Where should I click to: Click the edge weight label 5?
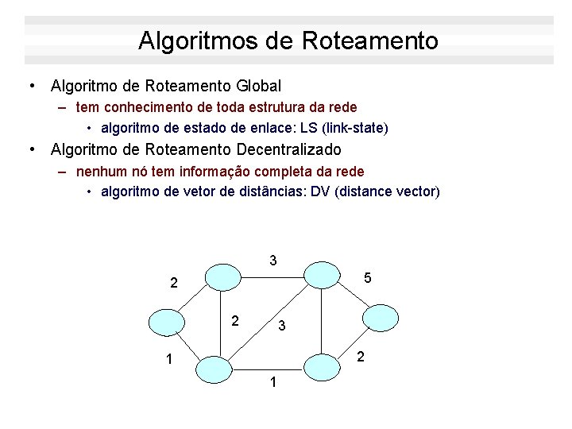point(367,278)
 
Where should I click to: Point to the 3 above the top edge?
point(272,260)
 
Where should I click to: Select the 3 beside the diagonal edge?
point(282,326)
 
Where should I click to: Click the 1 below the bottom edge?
point(272,383)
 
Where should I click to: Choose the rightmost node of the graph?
point(381,316)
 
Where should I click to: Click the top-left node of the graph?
point(222,276)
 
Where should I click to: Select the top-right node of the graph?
point(322,274)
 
